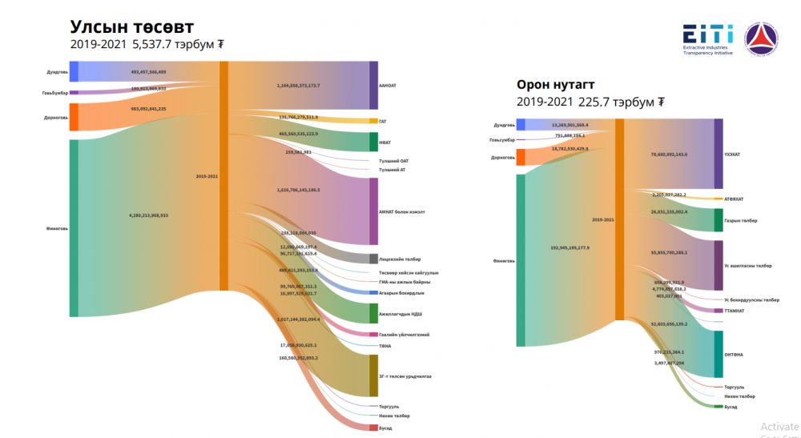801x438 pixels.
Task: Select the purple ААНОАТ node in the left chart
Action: tap(373, 85)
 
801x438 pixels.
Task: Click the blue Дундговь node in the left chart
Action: tap(74, 71)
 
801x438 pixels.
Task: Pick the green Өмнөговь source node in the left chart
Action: tap(74, 227)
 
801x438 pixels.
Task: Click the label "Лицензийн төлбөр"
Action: tap(400, 259)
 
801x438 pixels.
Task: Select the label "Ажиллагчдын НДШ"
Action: tap(401, 313)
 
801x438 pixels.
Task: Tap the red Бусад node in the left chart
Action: tap(373, 428)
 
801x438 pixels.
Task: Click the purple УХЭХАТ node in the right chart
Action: tap(718, 154)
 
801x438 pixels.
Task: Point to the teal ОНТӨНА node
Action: tap(718, 354)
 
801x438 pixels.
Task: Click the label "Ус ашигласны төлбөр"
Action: tap(749, 265)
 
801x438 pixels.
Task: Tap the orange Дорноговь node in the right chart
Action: tap(521, 157)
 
